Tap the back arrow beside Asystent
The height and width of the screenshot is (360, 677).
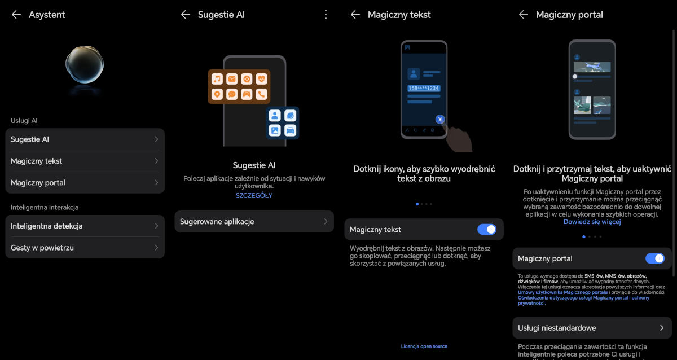[x=16, y=15]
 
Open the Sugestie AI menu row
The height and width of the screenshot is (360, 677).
[x=85, y=139]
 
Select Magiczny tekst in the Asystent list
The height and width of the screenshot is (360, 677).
[x=85, y=161]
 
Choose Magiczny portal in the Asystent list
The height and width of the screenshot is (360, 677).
[x=85, y=183]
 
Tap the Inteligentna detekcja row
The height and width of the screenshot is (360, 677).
[x=85, y=226]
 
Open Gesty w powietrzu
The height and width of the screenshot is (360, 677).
[x=85, y=248]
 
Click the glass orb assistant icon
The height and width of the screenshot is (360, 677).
[x=85, y=64]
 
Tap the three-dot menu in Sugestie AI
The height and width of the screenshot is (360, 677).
[x=326, y=15]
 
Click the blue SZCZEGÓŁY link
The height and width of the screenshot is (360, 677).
[x=254, y=196]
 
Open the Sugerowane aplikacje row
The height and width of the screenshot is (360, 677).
[x=254, y=222]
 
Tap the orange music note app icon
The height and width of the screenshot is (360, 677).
[x=217, y=79]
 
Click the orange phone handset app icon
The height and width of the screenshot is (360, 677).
[x=261, y=94]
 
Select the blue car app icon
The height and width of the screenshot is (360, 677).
[x=290, y=130]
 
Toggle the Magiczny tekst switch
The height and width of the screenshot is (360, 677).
[x=486, y=230]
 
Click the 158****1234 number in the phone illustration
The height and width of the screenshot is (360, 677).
[x=424, y=88]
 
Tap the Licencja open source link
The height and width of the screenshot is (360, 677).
[x=424, y=346]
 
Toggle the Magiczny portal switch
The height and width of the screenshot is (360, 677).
[x=654, y=258]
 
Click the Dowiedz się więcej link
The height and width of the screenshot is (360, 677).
[x=592, y=222]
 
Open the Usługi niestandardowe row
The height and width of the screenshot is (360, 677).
[x=592, y=328]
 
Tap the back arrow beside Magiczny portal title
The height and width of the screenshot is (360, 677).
[x=523, y=15]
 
